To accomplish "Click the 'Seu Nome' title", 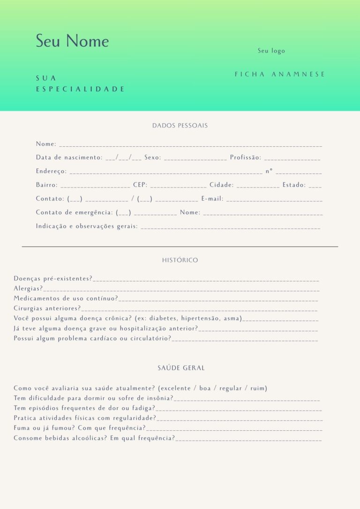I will [72, 41].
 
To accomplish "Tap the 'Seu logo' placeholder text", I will [271, 51].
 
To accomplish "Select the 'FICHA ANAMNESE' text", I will [280, 74].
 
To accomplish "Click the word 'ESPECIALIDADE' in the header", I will [80, 89].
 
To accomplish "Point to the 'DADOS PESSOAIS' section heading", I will [180, 126].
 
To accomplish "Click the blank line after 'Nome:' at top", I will [190, 145].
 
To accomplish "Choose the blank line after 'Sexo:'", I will [195, 159].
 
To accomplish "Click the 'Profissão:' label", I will [245, 157].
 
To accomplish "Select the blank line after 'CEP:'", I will [178, 187].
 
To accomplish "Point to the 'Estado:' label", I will [294, 185].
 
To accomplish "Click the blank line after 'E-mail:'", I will [274, 200].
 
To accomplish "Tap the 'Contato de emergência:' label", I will [75, 212].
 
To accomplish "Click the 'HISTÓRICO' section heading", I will [180, 260].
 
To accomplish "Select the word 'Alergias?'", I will [28, 289].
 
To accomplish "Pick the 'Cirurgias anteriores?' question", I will [47, 308].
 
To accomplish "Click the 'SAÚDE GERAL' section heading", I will [181, 368].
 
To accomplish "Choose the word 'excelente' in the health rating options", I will [176, 388].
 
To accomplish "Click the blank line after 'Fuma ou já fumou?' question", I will [234, 429].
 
